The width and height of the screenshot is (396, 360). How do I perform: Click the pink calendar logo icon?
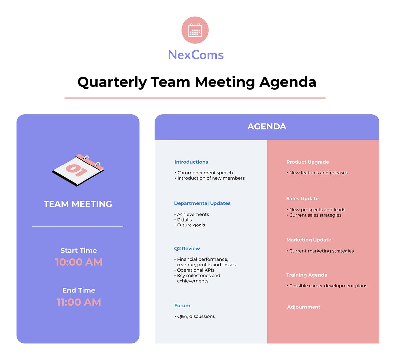pos(195,30)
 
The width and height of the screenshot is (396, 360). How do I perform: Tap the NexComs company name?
pos(196,55)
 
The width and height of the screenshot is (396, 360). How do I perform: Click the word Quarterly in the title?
pos(112,82)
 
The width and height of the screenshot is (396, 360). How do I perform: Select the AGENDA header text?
pos(267,127)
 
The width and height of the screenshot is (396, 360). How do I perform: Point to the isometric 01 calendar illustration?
pos(78,169)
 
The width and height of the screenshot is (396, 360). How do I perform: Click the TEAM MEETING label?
pos(78,204)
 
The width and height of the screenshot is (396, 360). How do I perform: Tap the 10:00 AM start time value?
pos(79,262)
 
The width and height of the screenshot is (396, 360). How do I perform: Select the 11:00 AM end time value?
pos(79,302)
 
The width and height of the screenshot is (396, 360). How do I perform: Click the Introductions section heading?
pos(191,162)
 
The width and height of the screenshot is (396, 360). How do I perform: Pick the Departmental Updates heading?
pos(202,203)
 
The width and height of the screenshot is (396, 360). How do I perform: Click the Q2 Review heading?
pos(187,249)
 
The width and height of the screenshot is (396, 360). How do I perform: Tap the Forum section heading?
pos(182,306)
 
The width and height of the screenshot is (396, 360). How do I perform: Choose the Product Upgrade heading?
pos(308,162)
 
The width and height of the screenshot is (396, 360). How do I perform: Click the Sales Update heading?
pos(303,199)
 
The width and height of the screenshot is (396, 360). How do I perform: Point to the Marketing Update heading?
pos(309,240)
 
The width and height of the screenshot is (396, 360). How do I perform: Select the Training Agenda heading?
pos(307,275)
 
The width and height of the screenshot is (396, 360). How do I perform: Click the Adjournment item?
pos(304,307)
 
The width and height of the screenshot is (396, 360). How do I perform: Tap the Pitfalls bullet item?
pos(184,220)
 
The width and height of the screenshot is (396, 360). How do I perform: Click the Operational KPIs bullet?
pos(195,270)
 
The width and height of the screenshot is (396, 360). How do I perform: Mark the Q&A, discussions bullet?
pos(196,316)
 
